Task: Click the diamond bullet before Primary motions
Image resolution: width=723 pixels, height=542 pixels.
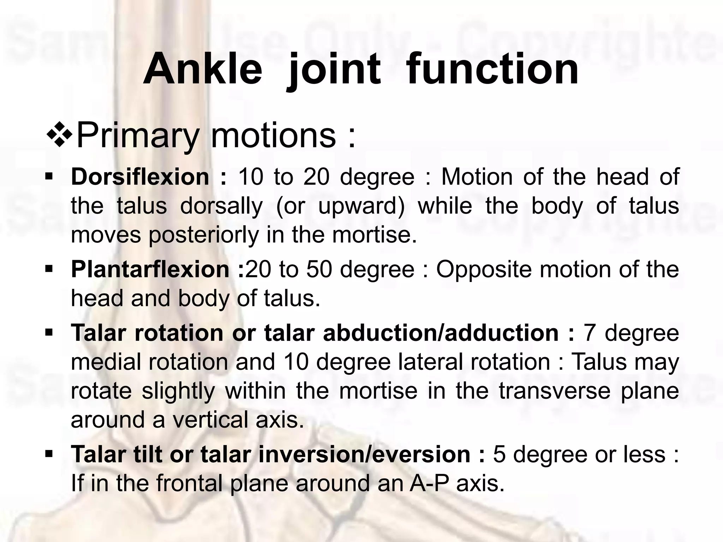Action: (x=59, y=135)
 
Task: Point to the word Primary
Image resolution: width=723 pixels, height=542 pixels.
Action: (x=137, y=136)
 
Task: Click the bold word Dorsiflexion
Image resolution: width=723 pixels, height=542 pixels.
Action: (x=140, y=177)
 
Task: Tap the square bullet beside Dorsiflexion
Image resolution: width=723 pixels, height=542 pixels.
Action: (x=49, y=175)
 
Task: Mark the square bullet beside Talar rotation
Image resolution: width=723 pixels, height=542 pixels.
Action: (x=49, y=332)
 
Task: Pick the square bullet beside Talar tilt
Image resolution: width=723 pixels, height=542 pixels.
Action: (x=49, y=453)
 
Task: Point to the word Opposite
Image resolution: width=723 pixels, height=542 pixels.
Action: (x=484, y=270)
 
